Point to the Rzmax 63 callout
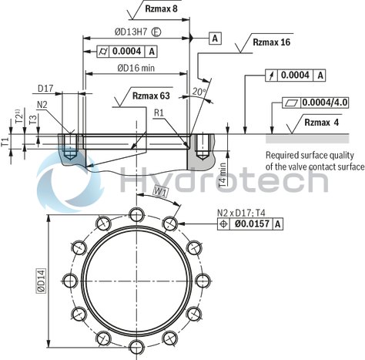150,96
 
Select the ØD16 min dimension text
138,68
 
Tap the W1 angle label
160,190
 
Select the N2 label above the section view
42,104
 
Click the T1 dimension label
5,142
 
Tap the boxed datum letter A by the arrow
214,38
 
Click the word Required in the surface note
285,155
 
